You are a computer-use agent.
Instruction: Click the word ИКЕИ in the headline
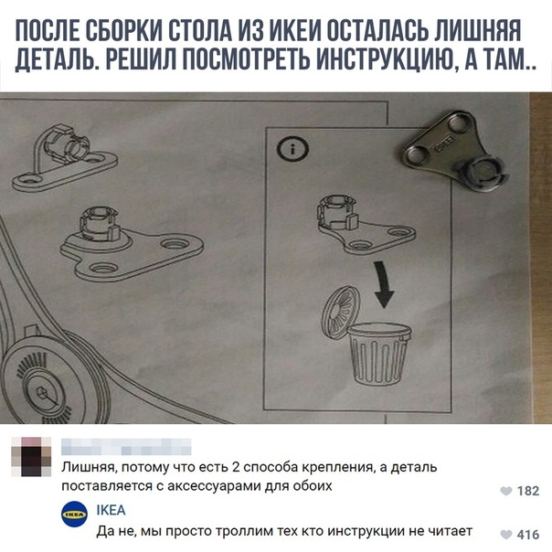pyautogui.click(x=294, y=31)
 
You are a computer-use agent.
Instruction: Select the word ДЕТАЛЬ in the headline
pyautogui.click(x=56, y=60)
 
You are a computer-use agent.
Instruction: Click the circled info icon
pyautogui.click(x=292, y=149)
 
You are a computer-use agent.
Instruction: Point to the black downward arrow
pyautogui.click(x=383, y=283)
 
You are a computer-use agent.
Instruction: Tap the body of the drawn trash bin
pyautogui.click(x=378, y=354)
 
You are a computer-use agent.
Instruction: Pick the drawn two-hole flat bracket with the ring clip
pyautogui.click(x=64, y=158)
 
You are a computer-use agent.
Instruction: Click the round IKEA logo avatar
pyautogui.click(x=74, y=515)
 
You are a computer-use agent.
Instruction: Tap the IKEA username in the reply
pyautogui.click(x=111, y=510)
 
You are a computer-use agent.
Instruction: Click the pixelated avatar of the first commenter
pyautogui.click(x=31, y=457)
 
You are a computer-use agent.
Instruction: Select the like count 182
pyautogui.click(x=528, y=491)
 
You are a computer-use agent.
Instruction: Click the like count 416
pyautogui.click(x=528, y=536)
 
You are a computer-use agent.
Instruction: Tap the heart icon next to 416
pyautogui.click(x=506, y=536)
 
